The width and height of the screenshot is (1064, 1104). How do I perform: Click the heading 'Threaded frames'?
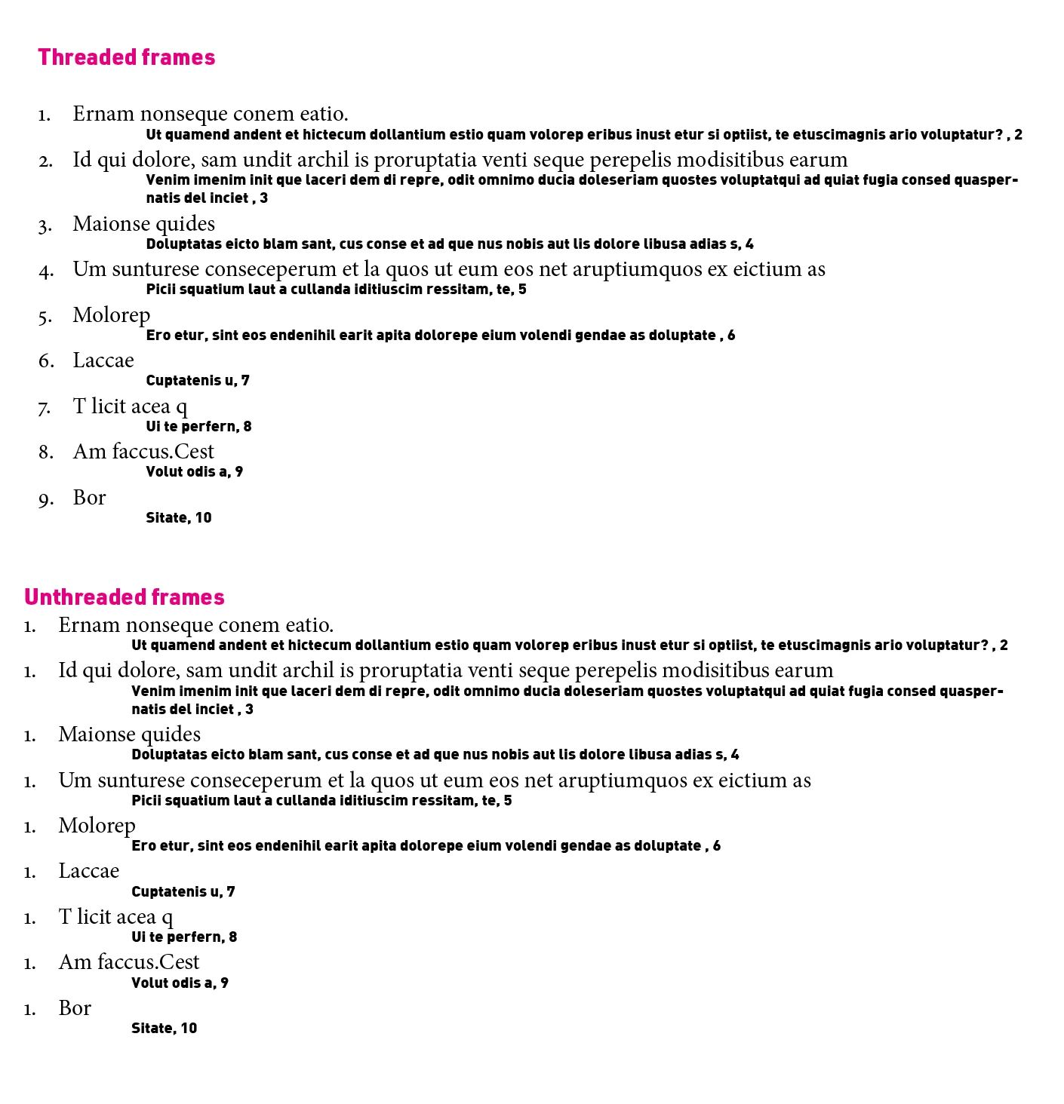(126, 57)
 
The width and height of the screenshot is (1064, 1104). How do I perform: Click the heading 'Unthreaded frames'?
(125, 597)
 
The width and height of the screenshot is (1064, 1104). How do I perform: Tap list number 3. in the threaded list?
(45, 225)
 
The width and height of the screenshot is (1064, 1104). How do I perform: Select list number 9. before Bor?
(45, 499)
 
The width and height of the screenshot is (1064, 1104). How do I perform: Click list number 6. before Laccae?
(46, 362)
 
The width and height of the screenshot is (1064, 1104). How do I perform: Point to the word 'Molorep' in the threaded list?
(111, 315)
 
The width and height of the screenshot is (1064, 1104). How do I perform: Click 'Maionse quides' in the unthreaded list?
(129, 734)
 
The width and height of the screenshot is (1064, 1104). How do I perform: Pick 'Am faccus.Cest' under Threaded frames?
(143, 452)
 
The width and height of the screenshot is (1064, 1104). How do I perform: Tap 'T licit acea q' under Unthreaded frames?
(115, 917)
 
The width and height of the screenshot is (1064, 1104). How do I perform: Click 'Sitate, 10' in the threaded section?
(178, 518)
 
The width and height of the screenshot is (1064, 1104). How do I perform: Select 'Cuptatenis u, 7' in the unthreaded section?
(183, 892)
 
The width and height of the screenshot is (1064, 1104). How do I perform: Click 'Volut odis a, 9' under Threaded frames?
(194, 472)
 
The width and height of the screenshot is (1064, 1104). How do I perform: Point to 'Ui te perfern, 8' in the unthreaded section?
(183, 937)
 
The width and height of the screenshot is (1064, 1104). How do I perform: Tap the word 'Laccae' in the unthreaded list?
(88, 871)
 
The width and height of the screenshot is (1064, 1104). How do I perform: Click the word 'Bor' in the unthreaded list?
(75, 1008)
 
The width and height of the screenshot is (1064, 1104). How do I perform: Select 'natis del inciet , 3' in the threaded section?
(206, 198)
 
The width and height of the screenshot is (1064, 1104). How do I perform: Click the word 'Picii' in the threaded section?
(160, 290)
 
